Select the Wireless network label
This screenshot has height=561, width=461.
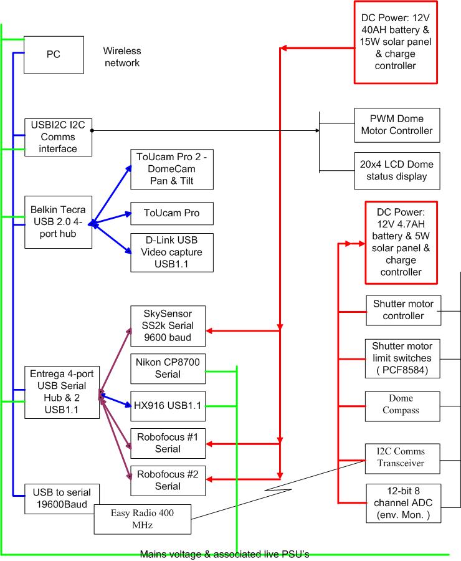point(122,57)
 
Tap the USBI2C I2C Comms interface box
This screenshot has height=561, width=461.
point(59,137)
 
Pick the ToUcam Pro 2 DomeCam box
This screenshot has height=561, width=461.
point(172,170)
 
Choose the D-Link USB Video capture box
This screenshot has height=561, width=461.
point(172,252)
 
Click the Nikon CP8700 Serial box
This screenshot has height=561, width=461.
point(167,368)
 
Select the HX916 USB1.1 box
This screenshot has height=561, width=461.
point(167,405)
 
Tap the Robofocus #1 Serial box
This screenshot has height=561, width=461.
point(167,443)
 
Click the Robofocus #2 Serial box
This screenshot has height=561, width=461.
point(167,481)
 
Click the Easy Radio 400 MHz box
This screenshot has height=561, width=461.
point(142,519)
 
